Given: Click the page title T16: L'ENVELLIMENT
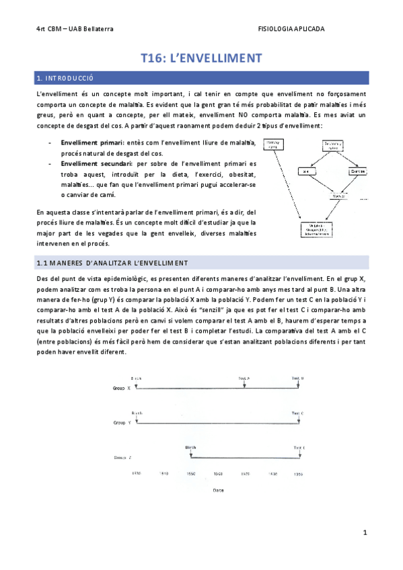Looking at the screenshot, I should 201,58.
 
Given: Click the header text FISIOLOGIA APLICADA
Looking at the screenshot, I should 291,29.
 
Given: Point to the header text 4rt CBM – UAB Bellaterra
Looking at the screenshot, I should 75,29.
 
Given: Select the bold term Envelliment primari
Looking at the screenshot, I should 91,142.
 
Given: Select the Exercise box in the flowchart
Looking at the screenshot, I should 358,171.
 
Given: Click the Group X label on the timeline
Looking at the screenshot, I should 122,389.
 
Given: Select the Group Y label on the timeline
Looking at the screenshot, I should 122,422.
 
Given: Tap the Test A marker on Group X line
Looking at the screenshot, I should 244,379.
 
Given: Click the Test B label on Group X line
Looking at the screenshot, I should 297,379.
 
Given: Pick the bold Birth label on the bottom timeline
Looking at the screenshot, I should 190,447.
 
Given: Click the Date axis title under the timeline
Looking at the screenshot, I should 218,490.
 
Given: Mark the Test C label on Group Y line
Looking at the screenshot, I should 298,413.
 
